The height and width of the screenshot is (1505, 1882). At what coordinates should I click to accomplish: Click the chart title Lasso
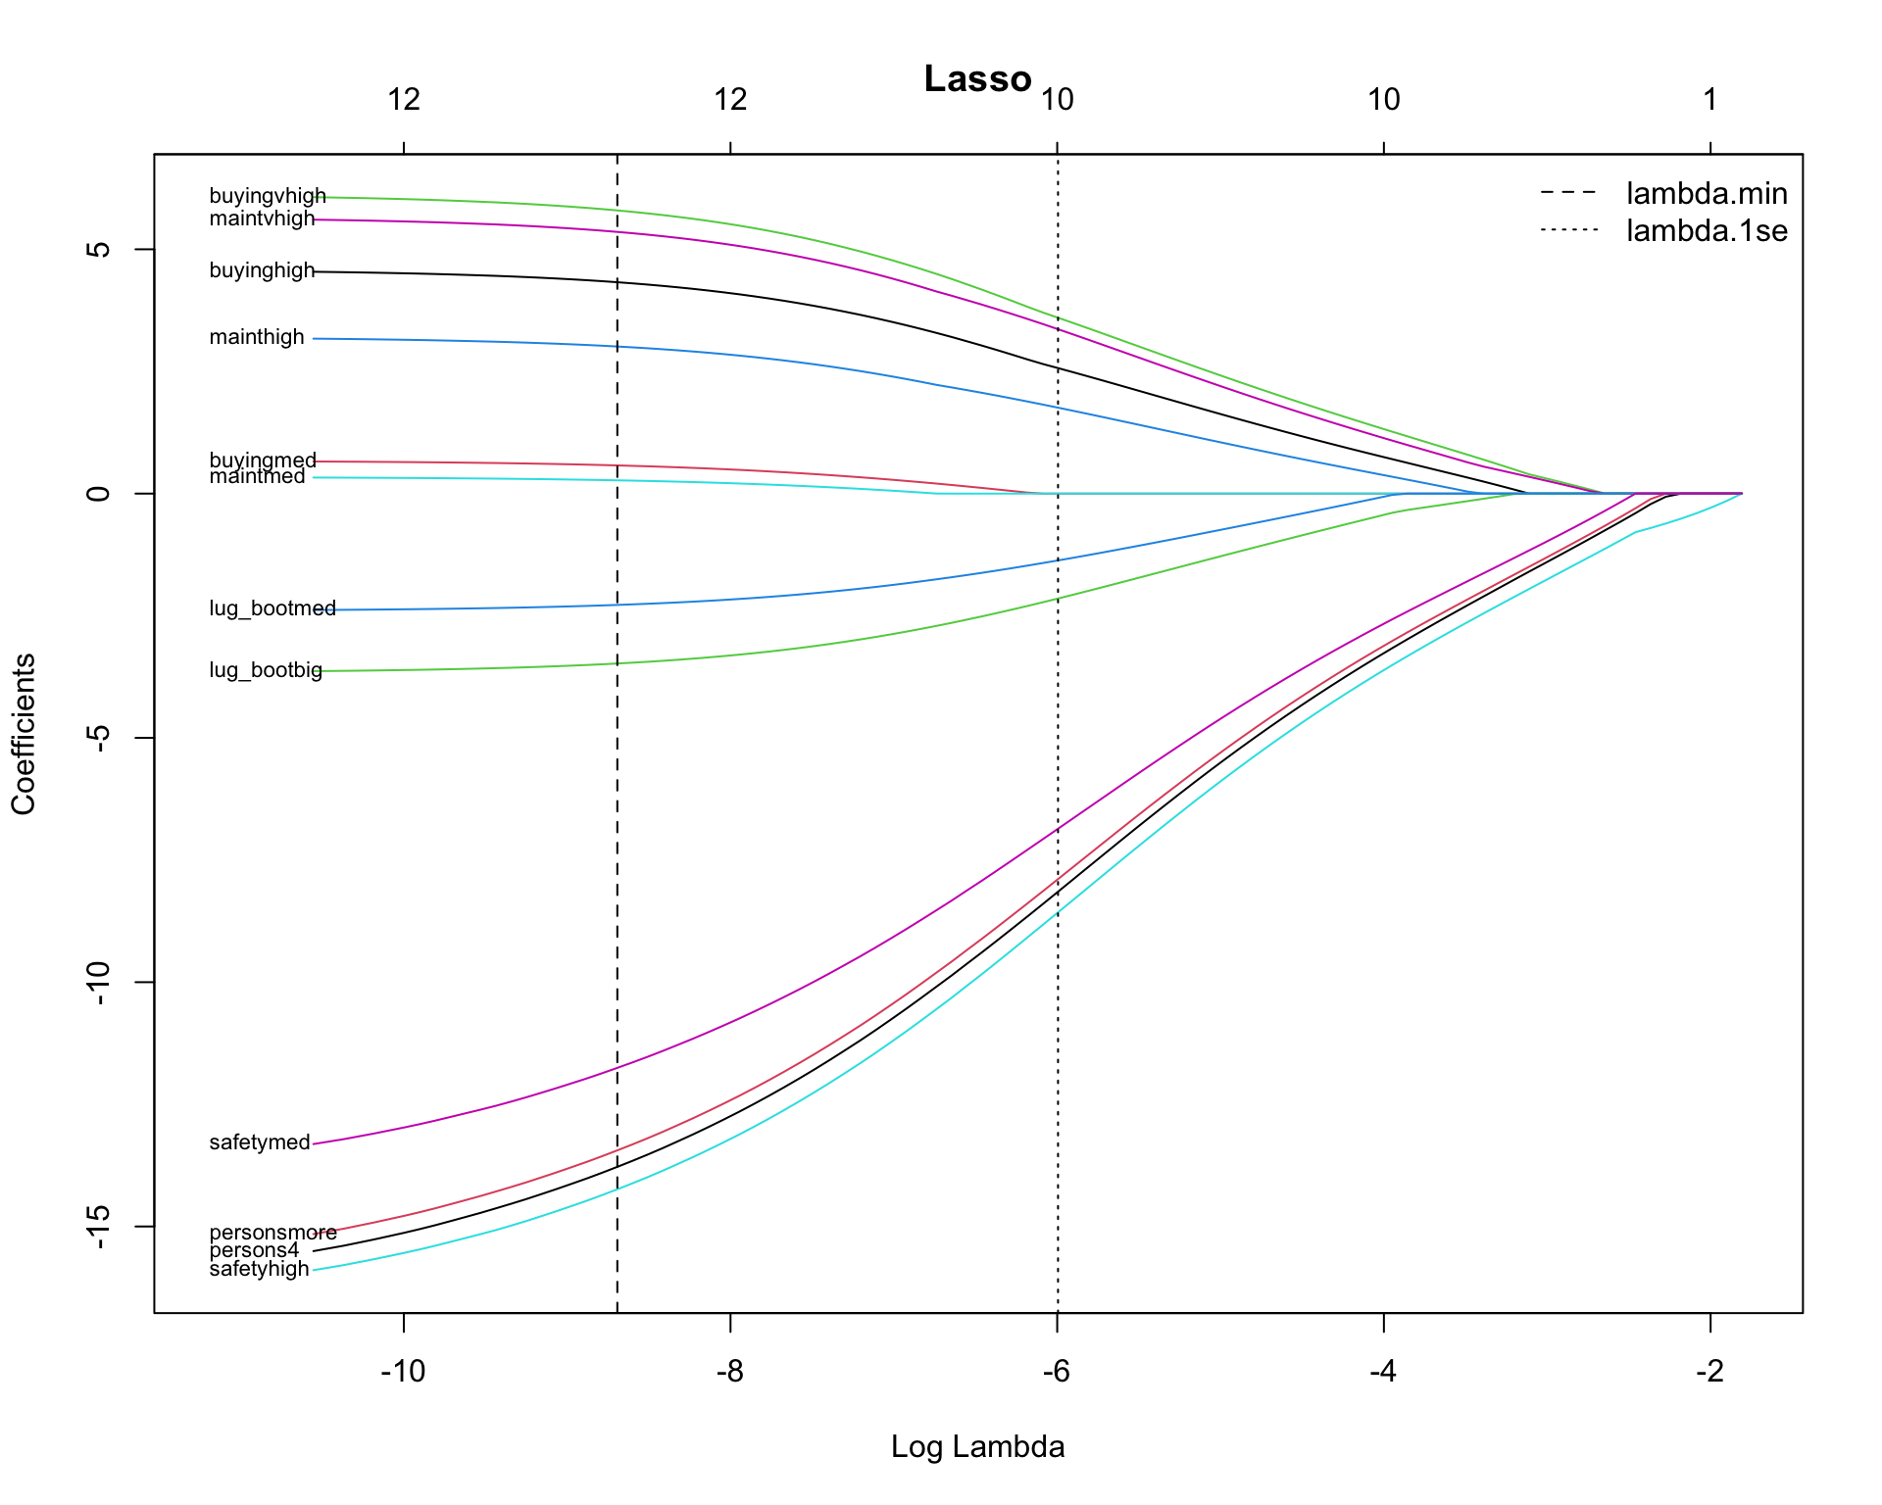(977, 79)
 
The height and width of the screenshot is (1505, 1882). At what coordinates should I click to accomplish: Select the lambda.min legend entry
(1706, 194)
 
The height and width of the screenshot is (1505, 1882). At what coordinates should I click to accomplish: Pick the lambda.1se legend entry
(1706, 231)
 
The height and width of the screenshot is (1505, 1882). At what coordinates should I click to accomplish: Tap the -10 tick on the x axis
(403, 1371)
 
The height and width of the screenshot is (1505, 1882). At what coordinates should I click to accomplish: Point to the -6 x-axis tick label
(1056, 1371)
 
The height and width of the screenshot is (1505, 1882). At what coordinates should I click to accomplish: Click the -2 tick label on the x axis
(1709, 1371)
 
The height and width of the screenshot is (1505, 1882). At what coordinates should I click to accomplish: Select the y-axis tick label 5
(98, 249)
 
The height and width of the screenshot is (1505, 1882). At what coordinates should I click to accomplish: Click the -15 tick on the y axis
(98, 1226)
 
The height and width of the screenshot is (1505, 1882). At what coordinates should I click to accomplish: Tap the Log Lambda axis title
(977, 1446)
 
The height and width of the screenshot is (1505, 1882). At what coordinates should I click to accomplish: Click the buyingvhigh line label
(267, 197)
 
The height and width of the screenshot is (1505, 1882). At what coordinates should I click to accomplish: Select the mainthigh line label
(257, 338)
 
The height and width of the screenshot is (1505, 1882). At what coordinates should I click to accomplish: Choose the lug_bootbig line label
(266, 671)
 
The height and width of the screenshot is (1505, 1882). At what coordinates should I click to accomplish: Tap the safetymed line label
(260, 1142)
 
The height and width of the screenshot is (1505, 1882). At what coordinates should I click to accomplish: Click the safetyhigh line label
(259, 1270)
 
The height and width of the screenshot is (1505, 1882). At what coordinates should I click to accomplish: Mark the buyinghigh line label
(262, 271)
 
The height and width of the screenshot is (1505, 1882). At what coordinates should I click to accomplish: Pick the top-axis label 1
(1709, 99)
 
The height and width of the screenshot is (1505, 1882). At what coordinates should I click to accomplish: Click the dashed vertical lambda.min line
(617, 882)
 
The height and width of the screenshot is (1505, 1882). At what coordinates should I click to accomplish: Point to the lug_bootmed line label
(272, 608)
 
